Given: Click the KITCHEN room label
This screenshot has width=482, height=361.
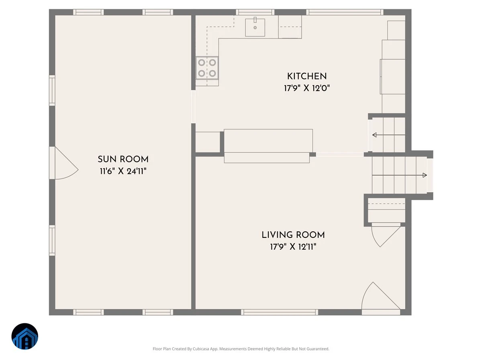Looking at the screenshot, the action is pyautogui.click(x=307, y=76).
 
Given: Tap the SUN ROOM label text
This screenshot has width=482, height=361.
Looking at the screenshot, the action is pyautogui.click(x=123, y=159).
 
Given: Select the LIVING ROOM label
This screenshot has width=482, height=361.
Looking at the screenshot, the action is pyautogui.click(x=293, y=235).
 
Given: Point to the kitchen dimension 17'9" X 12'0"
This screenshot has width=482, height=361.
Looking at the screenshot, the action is pyautogui.click(x=307, y=88).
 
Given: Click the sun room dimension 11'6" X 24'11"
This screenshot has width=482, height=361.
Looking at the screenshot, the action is pyautogui.click(x=123, y=171).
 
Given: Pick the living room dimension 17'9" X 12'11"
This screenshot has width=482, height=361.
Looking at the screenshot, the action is pyautogui.click(x=293, y=247).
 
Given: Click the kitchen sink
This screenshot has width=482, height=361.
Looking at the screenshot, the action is pyautogui.click(x=255, y=27).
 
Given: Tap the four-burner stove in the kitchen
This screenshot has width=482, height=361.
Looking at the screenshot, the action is pyautogui.click(x=207, y=68).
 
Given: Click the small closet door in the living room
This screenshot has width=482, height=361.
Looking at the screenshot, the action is pyautogui.click(x=386, y=235).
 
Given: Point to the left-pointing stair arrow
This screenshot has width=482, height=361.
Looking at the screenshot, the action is pyautogui.click(x=389, y=135).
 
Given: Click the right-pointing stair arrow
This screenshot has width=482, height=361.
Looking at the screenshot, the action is pyautogui.click(x=399, y=175).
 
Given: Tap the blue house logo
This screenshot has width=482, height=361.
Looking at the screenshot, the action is pyautogui.click(x=25, y=336).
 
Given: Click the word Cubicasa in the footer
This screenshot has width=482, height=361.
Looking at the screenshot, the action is pyautogui.click(x=201, y=349).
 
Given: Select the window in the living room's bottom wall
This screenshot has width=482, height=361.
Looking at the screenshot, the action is pyautogui.click(x=279, y=312).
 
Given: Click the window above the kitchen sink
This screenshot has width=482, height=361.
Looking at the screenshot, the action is pyautogui.click(x=255, y=12).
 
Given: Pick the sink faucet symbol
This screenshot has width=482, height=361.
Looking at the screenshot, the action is pyautogui.click(x=255, y=20).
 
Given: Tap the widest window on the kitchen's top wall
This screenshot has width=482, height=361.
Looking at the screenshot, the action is pyautogui.click(x=345, y=12).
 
